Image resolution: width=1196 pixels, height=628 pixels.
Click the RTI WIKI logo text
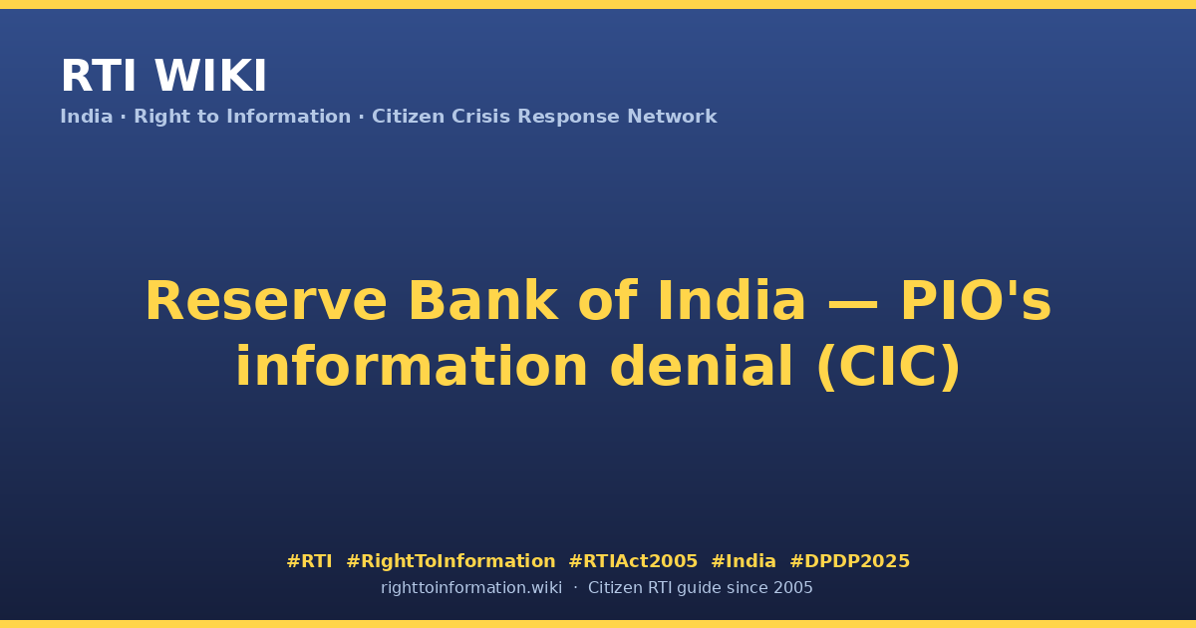coord(163,76)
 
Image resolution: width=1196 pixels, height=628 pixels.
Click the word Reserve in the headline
coord(266,301)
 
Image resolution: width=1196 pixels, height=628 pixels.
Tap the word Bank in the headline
coord(483,301)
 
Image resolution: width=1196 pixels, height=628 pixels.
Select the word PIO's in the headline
coord(976,301)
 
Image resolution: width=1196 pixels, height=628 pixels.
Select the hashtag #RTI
coord(309,561)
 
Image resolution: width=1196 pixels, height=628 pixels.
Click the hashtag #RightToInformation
coord(450,561)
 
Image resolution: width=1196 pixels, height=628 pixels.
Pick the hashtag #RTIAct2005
coord(633,561)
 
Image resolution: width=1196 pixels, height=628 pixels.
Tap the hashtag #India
coord(744,561)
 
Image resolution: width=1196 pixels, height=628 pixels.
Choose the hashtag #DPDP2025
coord(849,561)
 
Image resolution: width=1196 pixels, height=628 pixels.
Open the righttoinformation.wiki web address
coord(471,588)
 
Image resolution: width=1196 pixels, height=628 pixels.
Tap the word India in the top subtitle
coord(87,117)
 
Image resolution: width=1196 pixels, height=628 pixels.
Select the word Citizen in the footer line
coord(615,588)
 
